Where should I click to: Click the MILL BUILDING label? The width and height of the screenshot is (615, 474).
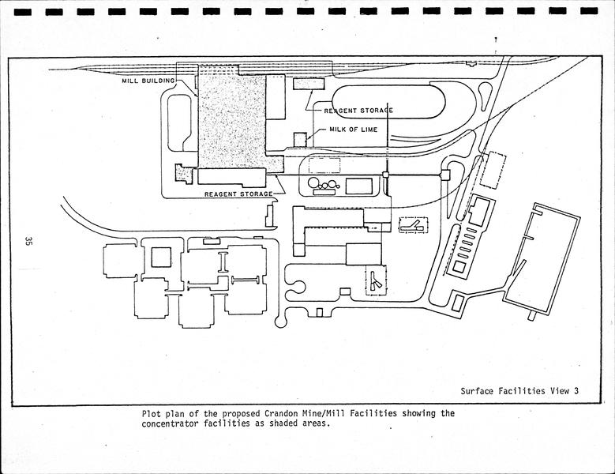point(148,81)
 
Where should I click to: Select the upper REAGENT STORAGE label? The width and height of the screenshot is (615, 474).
point(358,111)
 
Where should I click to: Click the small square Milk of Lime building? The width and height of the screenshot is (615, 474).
point(300,139)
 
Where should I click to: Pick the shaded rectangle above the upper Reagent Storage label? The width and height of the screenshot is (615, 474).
point(303,85)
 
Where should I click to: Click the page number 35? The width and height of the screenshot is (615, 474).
point(28,240)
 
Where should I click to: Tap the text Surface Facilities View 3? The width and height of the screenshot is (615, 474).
point(520,390)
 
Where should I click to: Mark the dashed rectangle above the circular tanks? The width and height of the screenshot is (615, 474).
point(324,165)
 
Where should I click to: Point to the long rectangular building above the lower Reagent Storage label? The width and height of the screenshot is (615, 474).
point(232,176)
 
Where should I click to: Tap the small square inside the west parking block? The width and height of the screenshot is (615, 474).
point(161,257)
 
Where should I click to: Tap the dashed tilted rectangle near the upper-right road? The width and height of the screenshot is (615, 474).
point(493,170)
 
